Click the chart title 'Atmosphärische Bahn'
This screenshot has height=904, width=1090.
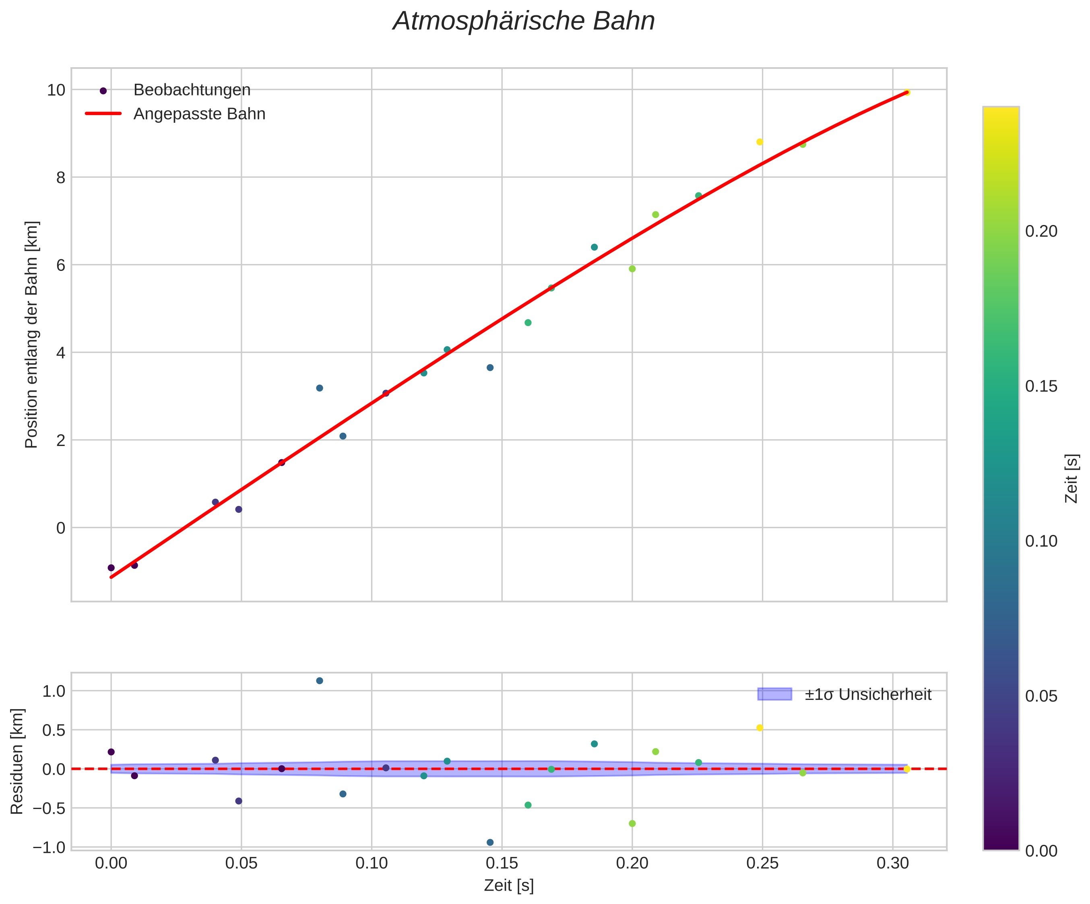pyautogui.click(x=524, y=22)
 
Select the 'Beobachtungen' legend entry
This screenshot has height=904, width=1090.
pyautogui.click(x=192, y=90)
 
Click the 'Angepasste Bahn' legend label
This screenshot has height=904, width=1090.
pyautogui.click(x=199, y=114)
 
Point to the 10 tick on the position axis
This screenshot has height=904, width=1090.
pyautogui.click(x=56, y=90)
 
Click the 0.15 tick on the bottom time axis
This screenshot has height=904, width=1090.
pyautogui.click(x=502, y=863)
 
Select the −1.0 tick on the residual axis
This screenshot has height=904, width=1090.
pyautogui.click(x=49, y=847)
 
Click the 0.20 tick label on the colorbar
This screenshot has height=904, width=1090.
pyautogui.click(x=1041, y=231)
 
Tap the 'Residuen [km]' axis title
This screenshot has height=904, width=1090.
pyautogui.click(x=17, y=761)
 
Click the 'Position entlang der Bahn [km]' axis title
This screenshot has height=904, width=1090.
pyautogui.click(x=32, y=335)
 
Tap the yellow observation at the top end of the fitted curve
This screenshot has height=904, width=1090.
pyautogui.click(x=907, y=92)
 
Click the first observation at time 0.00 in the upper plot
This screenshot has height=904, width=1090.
pyautogui.click(x=111, y=568)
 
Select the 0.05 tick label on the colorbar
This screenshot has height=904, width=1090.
pyautogui.click(x=1041, y=696)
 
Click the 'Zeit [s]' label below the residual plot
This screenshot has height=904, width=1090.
pyautogui.click(x=509, y=886)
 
